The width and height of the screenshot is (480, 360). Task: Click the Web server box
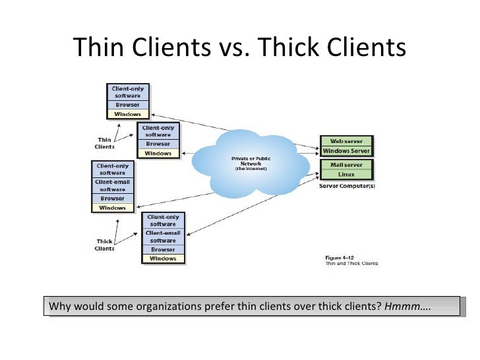click(346, 140)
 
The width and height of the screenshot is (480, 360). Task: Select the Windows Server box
click(346, 150)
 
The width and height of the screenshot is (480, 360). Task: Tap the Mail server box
click(346, 164)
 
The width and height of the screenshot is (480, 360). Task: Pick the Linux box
click(346, 174)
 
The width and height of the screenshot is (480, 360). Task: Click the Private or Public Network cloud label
click(249, 163)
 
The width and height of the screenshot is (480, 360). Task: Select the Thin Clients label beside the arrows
click(104, 143)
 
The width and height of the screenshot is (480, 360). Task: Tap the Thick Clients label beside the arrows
click(104, 245)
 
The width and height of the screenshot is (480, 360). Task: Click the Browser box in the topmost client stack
click(127, 104)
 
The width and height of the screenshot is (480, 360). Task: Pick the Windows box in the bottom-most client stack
click(163, 258)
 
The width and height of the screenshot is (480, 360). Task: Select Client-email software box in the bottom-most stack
click(163, 236)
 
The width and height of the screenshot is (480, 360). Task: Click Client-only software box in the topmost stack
click(127, 91)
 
